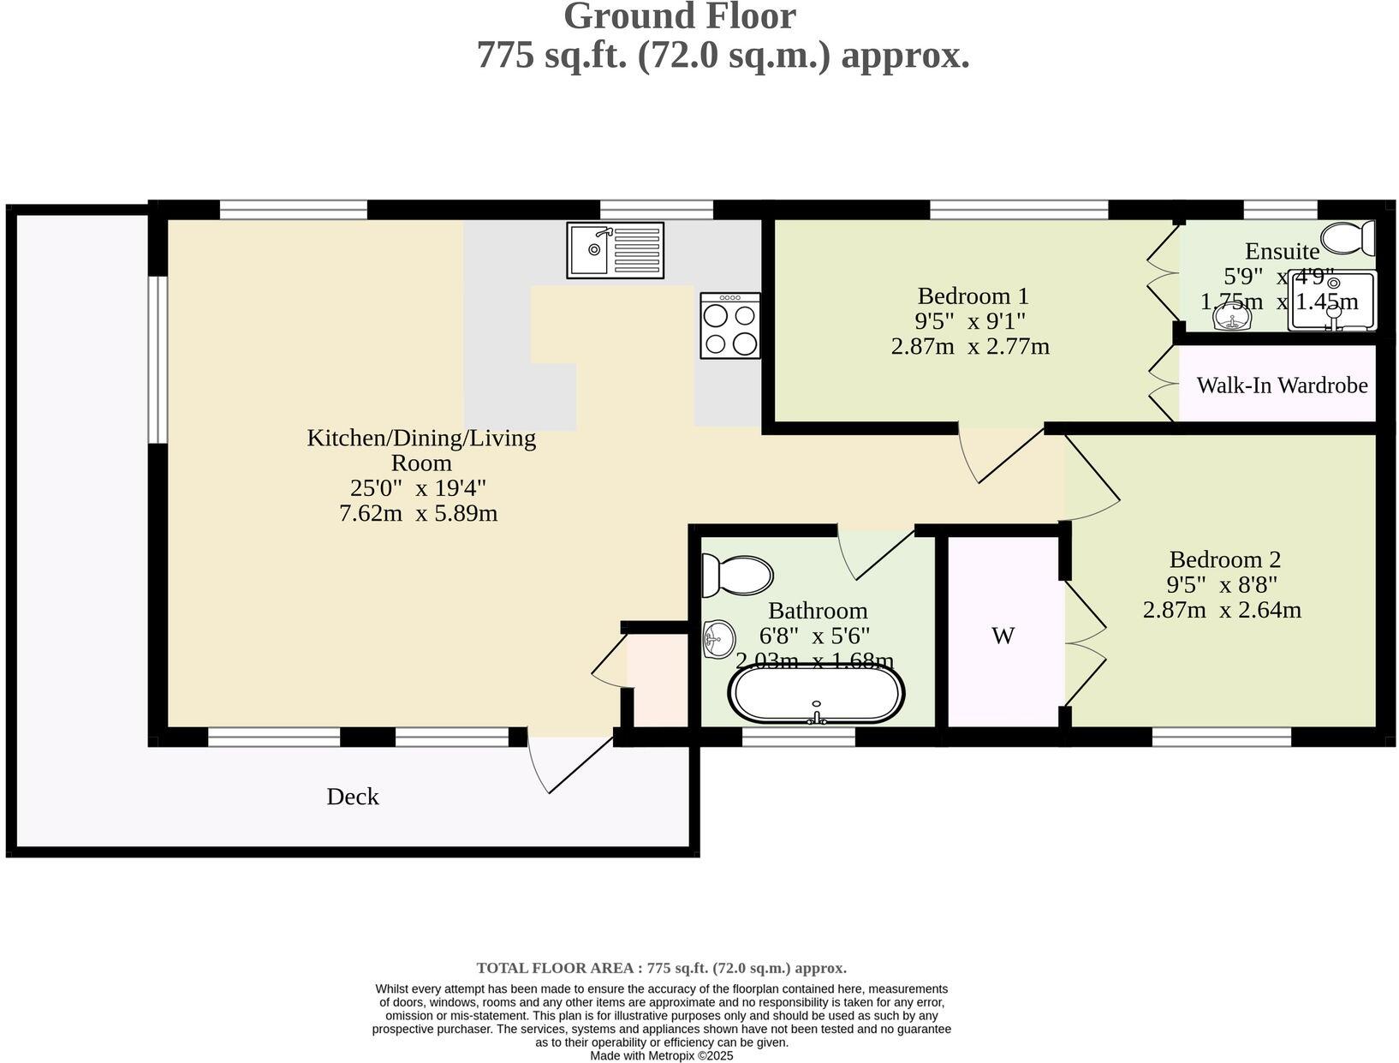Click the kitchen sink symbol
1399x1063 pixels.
pos(615,250)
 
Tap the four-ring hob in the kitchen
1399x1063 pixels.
pos(730,325)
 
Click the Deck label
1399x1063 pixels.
pos(352,797)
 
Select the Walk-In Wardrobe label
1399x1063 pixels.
pos(1282,385)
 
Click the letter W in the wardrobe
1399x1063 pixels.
pos(1003,636)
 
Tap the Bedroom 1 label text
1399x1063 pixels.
pos(973,296)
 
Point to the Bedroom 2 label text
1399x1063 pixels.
pos(1224,559)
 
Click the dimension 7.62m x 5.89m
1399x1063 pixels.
pos(418,514)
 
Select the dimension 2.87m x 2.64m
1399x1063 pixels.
pos(1222,611)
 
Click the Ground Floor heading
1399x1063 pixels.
pos(679,17)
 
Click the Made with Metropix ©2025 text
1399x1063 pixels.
pos(661,1056)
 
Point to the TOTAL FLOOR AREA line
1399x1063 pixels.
pos(661,968)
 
